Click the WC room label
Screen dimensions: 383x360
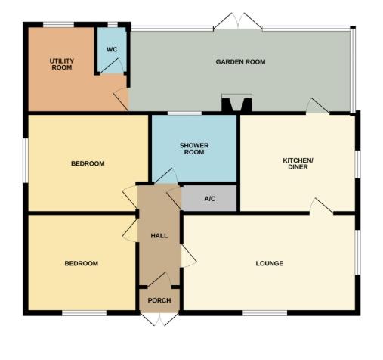[112, 49]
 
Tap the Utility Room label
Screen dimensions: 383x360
[62, 64]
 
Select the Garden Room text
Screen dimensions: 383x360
[240, 62]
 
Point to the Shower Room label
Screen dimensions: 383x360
[194, 149]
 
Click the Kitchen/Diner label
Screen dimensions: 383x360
[298, 163]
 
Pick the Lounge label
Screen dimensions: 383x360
[270, 263]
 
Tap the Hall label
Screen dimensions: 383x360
[159, 236]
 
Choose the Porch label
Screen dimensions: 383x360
[159, 300]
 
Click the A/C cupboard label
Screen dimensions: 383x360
[210, 199]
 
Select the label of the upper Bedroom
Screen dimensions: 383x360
[88, 163]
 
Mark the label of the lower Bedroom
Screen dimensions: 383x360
[82, 263]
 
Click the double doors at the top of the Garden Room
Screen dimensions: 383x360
[238, 22]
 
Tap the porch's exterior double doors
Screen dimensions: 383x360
[159, 319]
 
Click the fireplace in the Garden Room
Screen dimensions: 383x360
[236, 103]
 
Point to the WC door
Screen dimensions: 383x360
[112, 66]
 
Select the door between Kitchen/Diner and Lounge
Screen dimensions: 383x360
[321, 206]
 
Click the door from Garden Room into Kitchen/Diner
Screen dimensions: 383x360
[318, 106]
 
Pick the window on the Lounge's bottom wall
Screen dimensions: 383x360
[264, 313]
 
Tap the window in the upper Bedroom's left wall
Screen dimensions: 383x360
[26, 160]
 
